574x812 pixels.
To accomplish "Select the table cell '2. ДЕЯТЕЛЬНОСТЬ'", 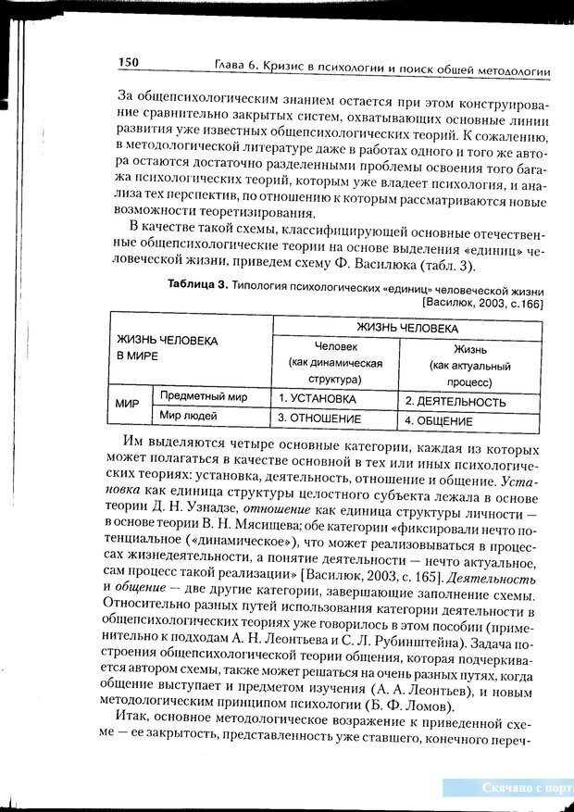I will point(455,403).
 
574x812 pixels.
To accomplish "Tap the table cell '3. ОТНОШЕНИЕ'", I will point(319,418).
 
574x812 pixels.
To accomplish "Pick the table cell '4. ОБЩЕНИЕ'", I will point(443,421).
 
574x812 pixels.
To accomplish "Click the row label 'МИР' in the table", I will point(127,406).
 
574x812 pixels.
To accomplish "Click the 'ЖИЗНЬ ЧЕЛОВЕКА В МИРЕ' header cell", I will point(167,347).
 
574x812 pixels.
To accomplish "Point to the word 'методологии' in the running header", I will point(507,70).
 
